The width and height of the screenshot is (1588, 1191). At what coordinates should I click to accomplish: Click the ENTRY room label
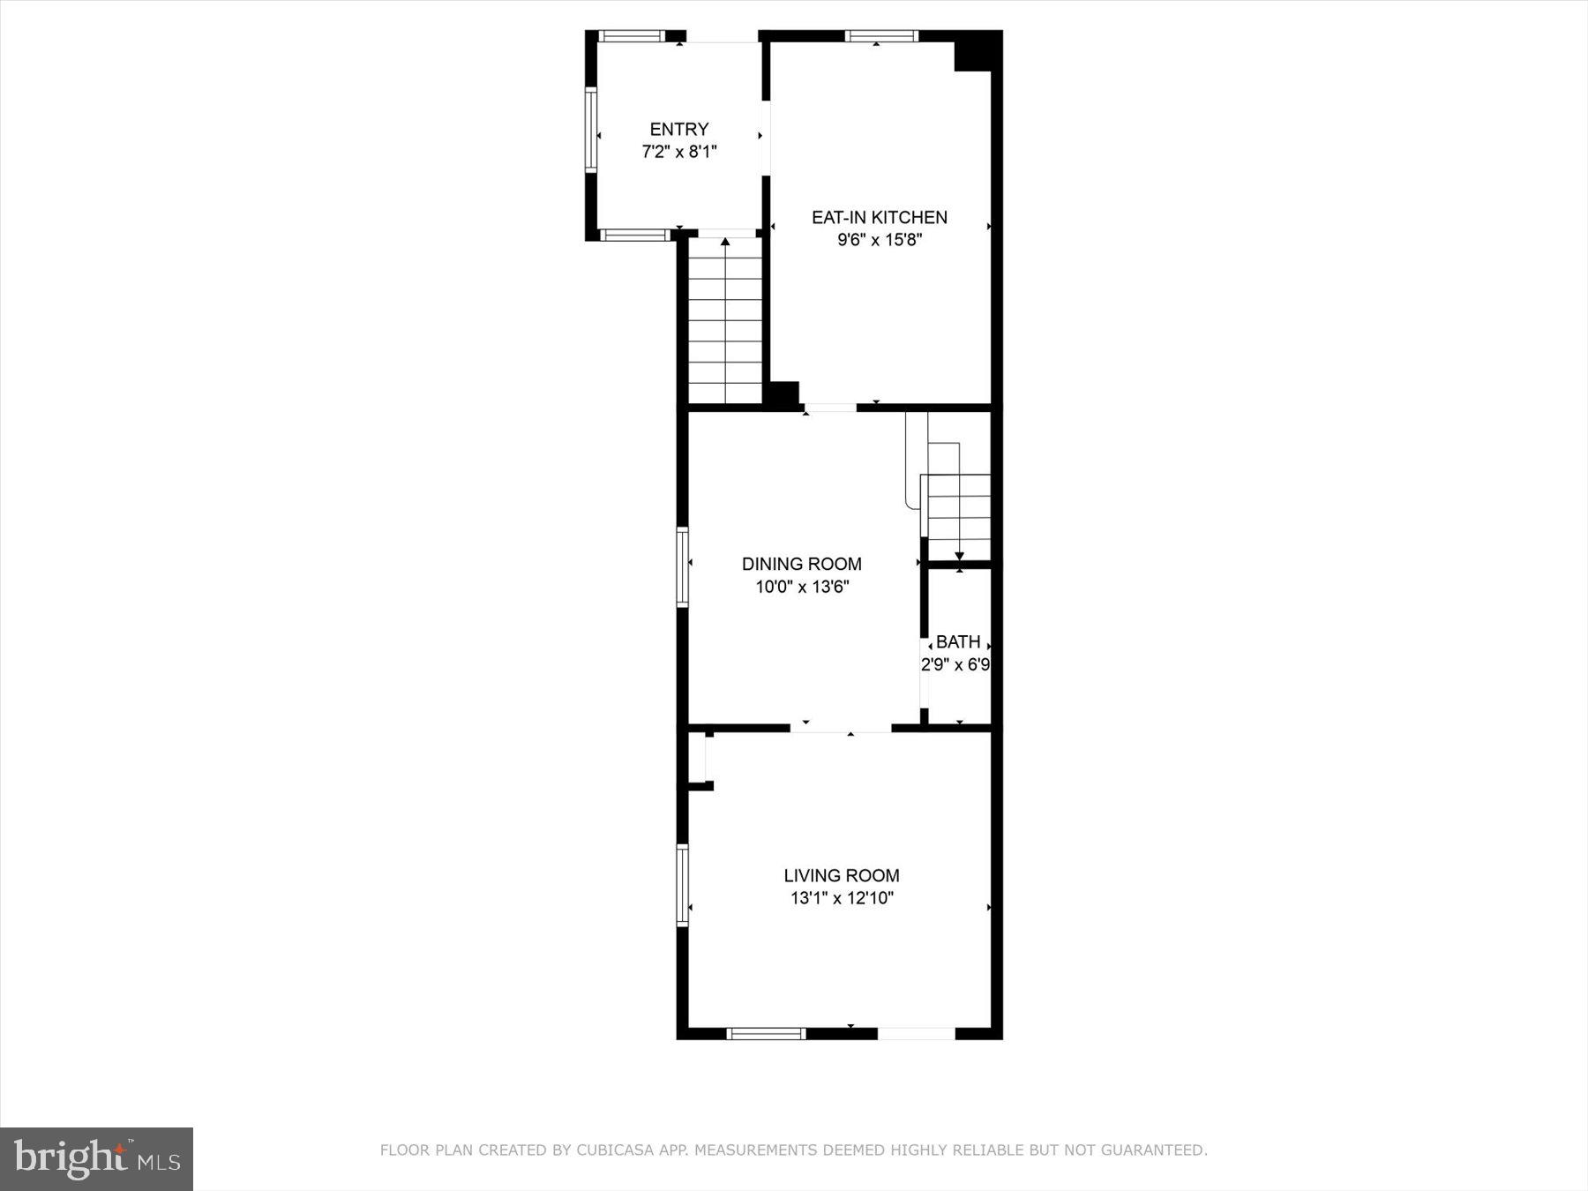(678, 130)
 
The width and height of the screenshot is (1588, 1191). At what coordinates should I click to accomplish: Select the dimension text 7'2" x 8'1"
(678, 152)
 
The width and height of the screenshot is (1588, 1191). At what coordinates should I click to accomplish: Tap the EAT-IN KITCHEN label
(879, 217)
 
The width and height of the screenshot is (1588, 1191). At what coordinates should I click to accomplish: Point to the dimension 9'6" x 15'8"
(879, 240)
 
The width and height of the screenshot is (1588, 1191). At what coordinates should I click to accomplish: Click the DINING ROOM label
(801, 564)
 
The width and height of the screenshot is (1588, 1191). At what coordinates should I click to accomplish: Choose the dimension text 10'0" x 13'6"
(801, 587)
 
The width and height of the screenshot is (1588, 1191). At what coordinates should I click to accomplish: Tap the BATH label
(957, 641)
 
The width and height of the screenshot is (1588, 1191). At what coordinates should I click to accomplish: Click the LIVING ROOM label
(841, 875)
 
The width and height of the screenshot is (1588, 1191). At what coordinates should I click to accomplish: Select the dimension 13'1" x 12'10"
(841, 898)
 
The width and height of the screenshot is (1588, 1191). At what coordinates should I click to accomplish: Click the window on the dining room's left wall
(682, 566)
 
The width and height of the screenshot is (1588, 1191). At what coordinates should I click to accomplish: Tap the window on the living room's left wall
(682, 885)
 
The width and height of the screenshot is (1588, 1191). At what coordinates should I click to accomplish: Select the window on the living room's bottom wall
(766, 1033)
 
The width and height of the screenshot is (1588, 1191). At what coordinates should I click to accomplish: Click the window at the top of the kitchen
(880, 36)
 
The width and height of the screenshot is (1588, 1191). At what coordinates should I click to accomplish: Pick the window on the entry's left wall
(591, 129)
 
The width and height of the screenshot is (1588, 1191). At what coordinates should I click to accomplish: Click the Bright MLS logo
(96, 1158)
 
